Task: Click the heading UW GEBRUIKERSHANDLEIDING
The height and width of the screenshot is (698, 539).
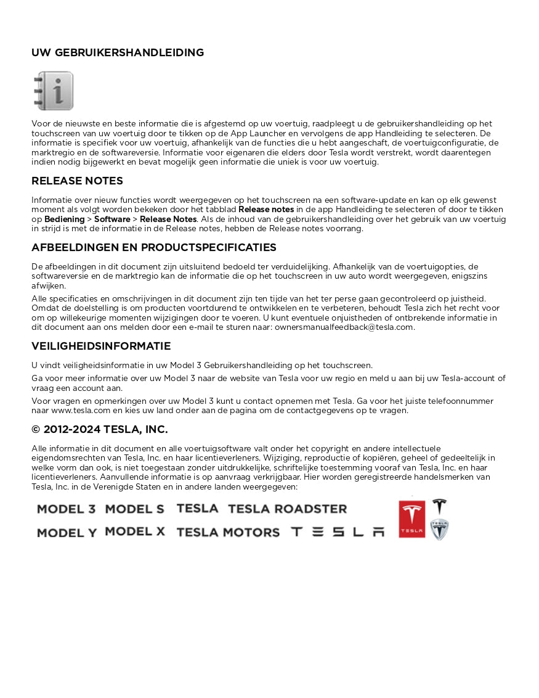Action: pos(118,53)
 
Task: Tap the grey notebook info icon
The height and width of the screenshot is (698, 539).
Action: pos(54,91)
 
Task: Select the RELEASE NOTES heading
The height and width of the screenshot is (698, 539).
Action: pos(77,181)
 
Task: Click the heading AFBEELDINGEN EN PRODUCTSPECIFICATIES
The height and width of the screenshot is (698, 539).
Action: pos(154,248)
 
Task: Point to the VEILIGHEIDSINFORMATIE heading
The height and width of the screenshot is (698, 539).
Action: pos(101,347)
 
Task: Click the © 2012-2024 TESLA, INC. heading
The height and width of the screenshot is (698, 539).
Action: pos(100,430)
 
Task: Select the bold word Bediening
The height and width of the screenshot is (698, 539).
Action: pos(64,220)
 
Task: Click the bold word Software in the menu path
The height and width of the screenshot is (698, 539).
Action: pos(112,220)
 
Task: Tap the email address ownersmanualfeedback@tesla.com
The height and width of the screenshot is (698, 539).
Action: pos(344,327)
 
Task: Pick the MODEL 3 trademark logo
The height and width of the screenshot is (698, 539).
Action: pos(66,509)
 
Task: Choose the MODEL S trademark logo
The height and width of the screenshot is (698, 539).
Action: pos(134,509)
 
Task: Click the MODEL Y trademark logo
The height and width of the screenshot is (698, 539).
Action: pos(67,533)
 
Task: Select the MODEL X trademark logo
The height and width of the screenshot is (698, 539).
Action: pos(135,532)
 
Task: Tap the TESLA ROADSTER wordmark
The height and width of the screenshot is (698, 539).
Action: pos(287,509)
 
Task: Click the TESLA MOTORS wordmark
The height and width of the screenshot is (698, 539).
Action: pos(227,533)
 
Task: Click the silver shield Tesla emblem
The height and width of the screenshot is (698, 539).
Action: pos(439,530)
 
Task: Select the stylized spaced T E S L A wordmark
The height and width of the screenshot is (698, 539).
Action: pos(337,532)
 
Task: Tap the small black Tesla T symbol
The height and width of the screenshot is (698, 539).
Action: pos(439,507)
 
